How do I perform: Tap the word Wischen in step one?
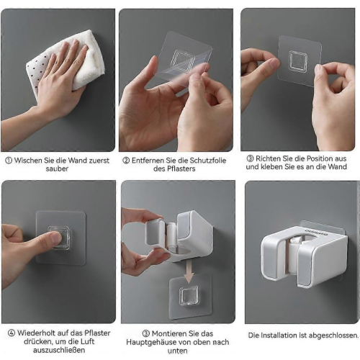pos(28,161)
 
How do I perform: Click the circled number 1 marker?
pos(9,161)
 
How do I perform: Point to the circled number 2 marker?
pos(126,161)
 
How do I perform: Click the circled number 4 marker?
pos(12,333)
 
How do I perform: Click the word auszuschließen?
pos(59,350)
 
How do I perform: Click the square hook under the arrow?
pos(189,296)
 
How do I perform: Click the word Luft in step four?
pos(87,341)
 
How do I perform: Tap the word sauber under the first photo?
pos(57,168)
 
